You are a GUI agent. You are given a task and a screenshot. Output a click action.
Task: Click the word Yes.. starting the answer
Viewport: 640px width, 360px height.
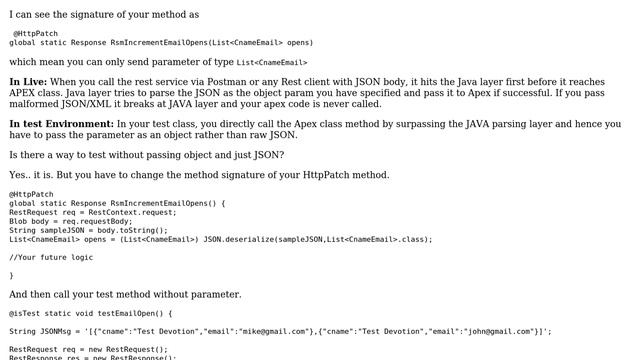point(21,175)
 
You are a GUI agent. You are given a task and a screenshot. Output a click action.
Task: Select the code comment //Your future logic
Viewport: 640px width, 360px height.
point(50,257)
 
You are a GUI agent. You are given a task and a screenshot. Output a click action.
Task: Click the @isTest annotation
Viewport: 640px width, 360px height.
point(27,313)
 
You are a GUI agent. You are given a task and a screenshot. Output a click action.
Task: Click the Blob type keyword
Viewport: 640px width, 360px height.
point(20,221)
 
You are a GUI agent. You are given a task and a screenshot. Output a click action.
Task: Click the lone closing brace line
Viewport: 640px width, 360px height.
point(12,275)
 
